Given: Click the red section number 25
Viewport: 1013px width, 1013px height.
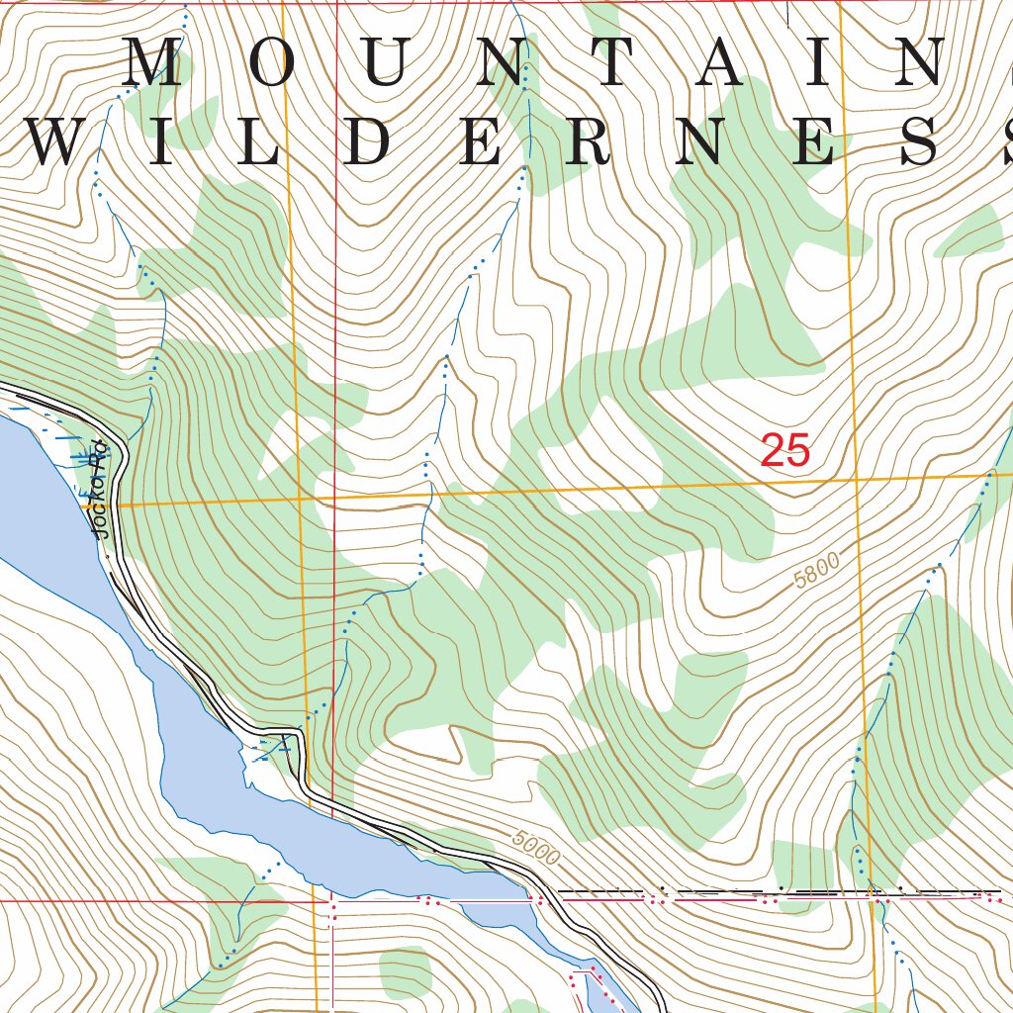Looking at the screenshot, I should click(785, 451).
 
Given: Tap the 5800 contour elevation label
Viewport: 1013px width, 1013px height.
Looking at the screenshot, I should click(816, 572).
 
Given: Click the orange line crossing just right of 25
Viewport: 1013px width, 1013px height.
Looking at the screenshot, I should click(855, 479).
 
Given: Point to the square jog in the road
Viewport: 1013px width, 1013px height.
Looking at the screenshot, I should click(287, 734).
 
